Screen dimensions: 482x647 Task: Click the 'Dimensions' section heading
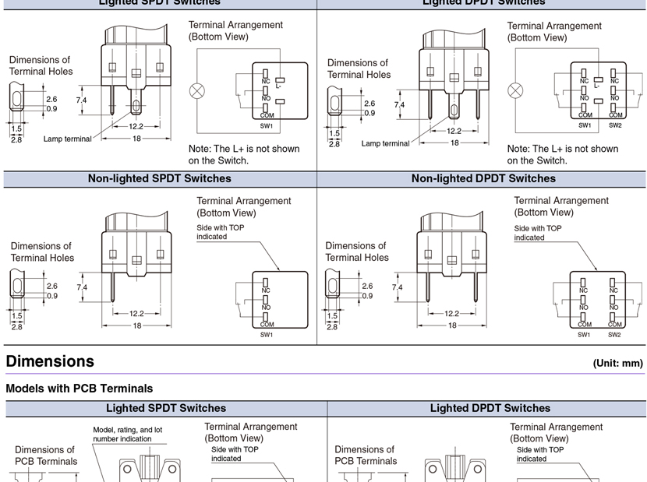click(50, 361)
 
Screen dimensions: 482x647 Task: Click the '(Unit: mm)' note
click(617, 363)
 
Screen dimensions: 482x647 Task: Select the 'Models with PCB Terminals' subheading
click(80, 388)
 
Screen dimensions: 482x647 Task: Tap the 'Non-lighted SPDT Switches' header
click(159, 178)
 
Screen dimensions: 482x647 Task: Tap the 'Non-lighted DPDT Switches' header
click(483, 178)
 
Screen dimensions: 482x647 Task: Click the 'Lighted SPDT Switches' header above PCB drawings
click(166, 408)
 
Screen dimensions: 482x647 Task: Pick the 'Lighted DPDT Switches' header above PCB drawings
click(490, 408)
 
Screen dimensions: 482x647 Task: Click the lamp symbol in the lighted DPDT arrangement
click(514, 90)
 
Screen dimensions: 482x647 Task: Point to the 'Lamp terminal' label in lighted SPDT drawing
click(67, 139)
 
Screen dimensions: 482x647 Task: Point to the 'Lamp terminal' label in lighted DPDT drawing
click(385, 143)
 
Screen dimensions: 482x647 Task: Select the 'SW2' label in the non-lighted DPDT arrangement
click(614, 335)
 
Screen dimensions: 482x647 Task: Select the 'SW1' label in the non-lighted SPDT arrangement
click(267, 335)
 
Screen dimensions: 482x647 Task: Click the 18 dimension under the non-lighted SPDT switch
click(136, 325)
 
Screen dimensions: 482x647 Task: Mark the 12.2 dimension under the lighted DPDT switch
click(454, 131)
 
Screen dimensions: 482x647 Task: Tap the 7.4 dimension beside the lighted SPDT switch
click(81, 100)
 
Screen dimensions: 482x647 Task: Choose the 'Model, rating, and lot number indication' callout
click(127, 434)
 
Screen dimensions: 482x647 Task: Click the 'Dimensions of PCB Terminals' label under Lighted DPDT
click(366, 455)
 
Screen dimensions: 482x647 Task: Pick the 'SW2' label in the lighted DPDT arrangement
click(614, 125)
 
